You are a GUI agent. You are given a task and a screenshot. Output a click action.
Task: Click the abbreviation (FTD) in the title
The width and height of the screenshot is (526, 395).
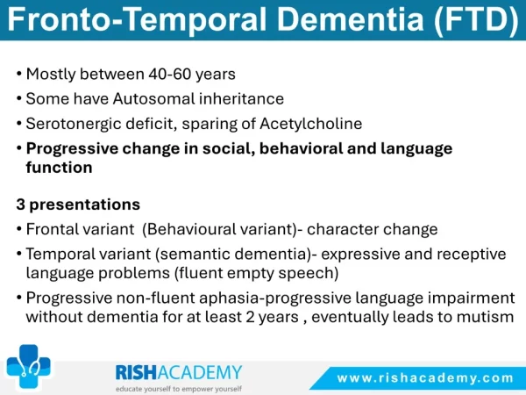477,19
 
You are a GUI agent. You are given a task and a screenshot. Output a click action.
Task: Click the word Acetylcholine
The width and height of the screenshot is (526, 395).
311,124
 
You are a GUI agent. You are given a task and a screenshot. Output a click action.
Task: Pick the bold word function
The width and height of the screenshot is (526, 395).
59,168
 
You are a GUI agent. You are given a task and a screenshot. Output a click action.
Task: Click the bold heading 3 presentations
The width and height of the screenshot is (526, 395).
78,205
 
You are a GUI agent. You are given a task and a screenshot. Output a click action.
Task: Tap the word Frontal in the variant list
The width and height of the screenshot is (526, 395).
50,229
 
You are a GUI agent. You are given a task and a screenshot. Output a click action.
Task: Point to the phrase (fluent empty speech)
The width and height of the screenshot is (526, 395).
256,273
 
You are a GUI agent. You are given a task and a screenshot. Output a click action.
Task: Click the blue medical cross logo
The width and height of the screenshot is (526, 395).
29,366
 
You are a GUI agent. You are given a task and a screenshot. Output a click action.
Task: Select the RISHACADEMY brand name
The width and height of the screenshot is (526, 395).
179,372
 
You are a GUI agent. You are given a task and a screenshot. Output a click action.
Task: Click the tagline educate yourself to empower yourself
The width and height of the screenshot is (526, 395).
179,389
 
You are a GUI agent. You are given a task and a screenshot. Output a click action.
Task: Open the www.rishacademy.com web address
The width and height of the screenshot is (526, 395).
425,378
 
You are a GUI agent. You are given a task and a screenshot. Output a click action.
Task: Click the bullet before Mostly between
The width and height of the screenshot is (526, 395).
19,74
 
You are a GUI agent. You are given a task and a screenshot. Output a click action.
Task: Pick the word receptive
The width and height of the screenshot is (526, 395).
472,255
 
